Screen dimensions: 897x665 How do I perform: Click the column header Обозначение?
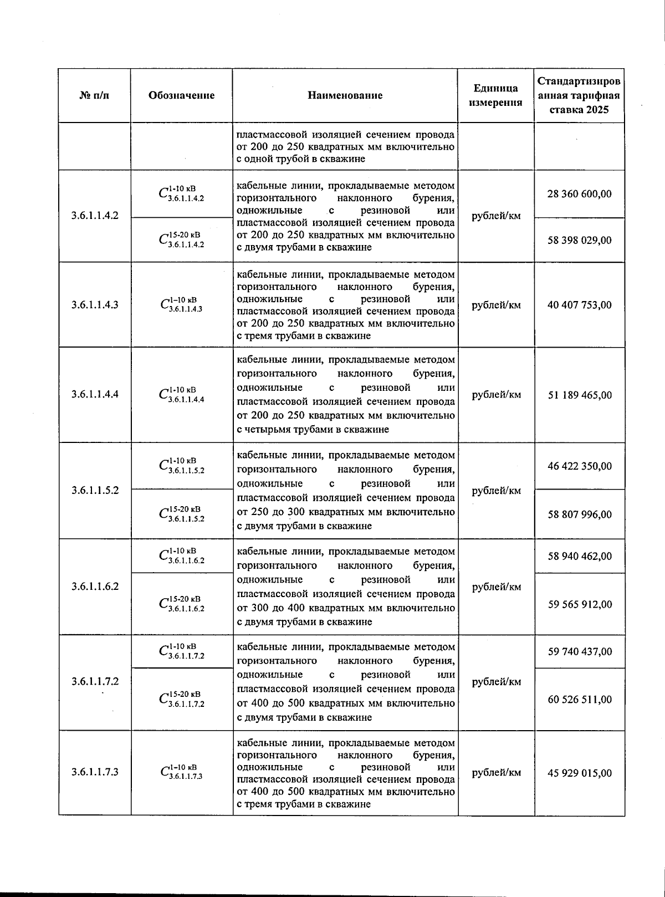pyautogui.click(x=181, y=95)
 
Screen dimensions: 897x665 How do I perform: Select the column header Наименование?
pyautogui.click(x=345, y=95)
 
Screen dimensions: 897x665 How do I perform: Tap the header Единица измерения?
pyautogui.click(x=495, y=95)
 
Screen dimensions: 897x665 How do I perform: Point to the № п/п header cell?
pyautogui.click(x=94, y=95)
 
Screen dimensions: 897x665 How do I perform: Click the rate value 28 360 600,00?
pyautogui.click(x=580, y=194)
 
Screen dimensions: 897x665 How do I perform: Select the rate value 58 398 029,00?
pyautogui.click(x=580, y=240)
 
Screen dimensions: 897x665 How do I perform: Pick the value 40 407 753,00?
pyautogui.click(x=580, y=305)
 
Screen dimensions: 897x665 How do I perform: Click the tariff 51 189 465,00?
pyautogui.click(x=580, y=395)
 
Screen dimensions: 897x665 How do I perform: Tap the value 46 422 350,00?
pyautogui.click(x=580, y=466)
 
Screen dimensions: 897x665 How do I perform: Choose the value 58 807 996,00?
pyautogui.click(x=580, y=514)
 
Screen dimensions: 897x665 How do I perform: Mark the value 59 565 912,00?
pyautogui.click(x=580, y=604)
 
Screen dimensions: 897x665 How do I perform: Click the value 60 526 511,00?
pyautogui.click(x=580, y=700)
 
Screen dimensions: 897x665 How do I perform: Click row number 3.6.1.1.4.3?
pyautogui.click(x=95, y=305)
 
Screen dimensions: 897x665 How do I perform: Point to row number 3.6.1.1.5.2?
pyautogui.click(x=95, y=491)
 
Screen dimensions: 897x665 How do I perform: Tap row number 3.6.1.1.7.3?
pyautogui.click(x=95, y=772)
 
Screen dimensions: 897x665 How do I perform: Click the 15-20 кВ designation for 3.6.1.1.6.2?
pyautogui.click(x=181, y=604)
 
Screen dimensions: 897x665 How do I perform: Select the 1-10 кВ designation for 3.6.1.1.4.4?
pyautogui.click(x=181, y=395)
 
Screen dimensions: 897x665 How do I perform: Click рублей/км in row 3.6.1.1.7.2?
pyautogui.click(x=496, y=682)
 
